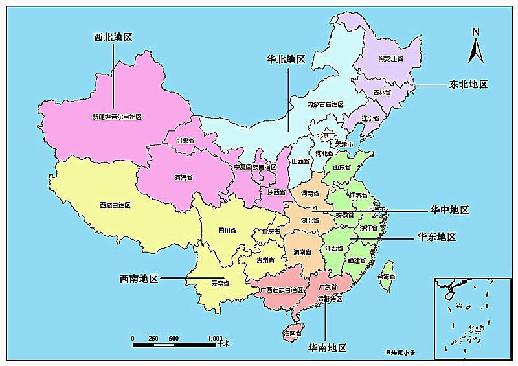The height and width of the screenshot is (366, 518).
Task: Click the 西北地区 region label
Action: (113, 38)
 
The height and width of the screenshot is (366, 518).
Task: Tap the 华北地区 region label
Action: (286, 60)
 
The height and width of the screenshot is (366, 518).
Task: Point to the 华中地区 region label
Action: (449, 211)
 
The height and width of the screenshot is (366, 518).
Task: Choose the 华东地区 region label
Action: (436, 237)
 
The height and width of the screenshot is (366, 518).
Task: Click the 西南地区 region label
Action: (139, 279)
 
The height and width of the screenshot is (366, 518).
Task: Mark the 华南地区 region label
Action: (327, 348)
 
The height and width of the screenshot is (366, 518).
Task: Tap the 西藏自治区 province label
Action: (115, 205)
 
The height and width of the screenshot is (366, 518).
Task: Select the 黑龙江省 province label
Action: (391, 58)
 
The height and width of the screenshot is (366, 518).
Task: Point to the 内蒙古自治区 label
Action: (324, 104)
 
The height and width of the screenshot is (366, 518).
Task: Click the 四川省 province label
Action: (227, 230)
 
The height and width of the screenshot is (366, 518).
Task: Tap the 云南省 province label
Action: (220, 283)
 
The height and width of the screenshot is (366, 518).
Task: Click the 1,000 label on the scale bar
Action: (215, 338)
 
